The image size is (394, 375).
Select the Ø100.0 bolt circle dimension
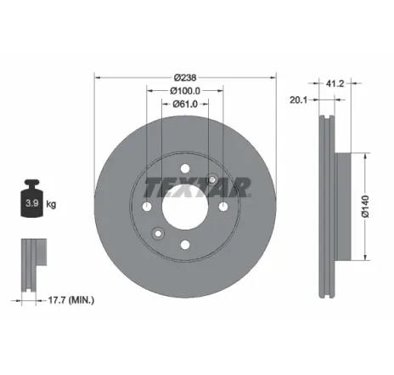(184, 90)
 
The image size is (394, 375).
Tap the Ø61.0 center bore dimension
(184, 104)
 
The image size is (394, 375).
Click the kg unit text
(51, 205)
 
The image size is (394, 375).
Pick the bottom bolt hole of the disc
(184, 247)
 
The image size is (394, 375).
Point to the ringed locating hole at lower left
(156, 235)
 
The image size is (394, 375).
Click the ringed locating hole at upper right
(212, 180)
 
